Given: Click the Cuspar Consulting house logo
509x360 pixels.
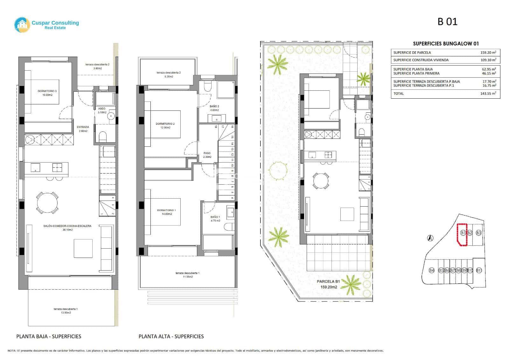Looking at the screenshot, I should pyautogui.click(x=22, y=25).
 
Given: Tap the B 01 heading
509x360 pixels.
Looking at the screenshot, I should pyautogui.click(x=447, y=22).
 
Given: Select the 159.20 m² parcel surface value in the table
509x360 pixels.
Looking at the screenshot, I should pyautogui.click(x=488, y=53).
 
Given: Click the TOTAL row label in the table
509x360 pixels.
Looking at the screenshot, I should pyautogui.click(x=399, y=94).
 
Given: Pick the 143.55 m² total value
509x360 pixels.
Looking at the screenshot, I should pyautogui.click(x=488, y=94).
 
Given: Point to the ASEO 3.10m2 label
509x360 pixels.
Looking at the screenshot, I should pyautogui.click(x=102, y=110).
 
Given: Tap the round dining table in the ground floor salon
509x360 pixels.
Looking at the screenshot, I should pyautogui.click(x=47, y=202).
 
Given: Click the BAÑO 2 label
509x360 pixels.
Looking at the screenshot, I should pyautogui.click(x=214, y=108).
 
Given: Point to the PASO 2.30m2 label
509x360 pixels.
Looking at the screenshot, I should pyautogui.click(x=207, y=155).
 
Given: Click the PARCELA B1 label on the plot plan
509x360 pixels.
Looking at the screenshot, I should pyautogui.click(x=329, y=281).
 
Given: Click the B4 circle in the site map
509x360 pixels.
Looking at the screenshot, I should pyautogui.click(x=432, y=270).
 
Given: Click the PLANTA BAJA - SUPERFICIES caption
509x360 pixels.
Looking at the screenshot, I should pyautogui.click(x=49, y=336).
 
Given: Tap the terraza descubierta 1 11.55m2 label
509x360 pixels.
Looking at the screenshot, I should pyautogui.click(x=188, y=275).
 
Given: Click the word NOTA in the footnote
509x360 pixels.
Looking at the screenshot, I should pyautogui.click(x=12, y=351).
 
